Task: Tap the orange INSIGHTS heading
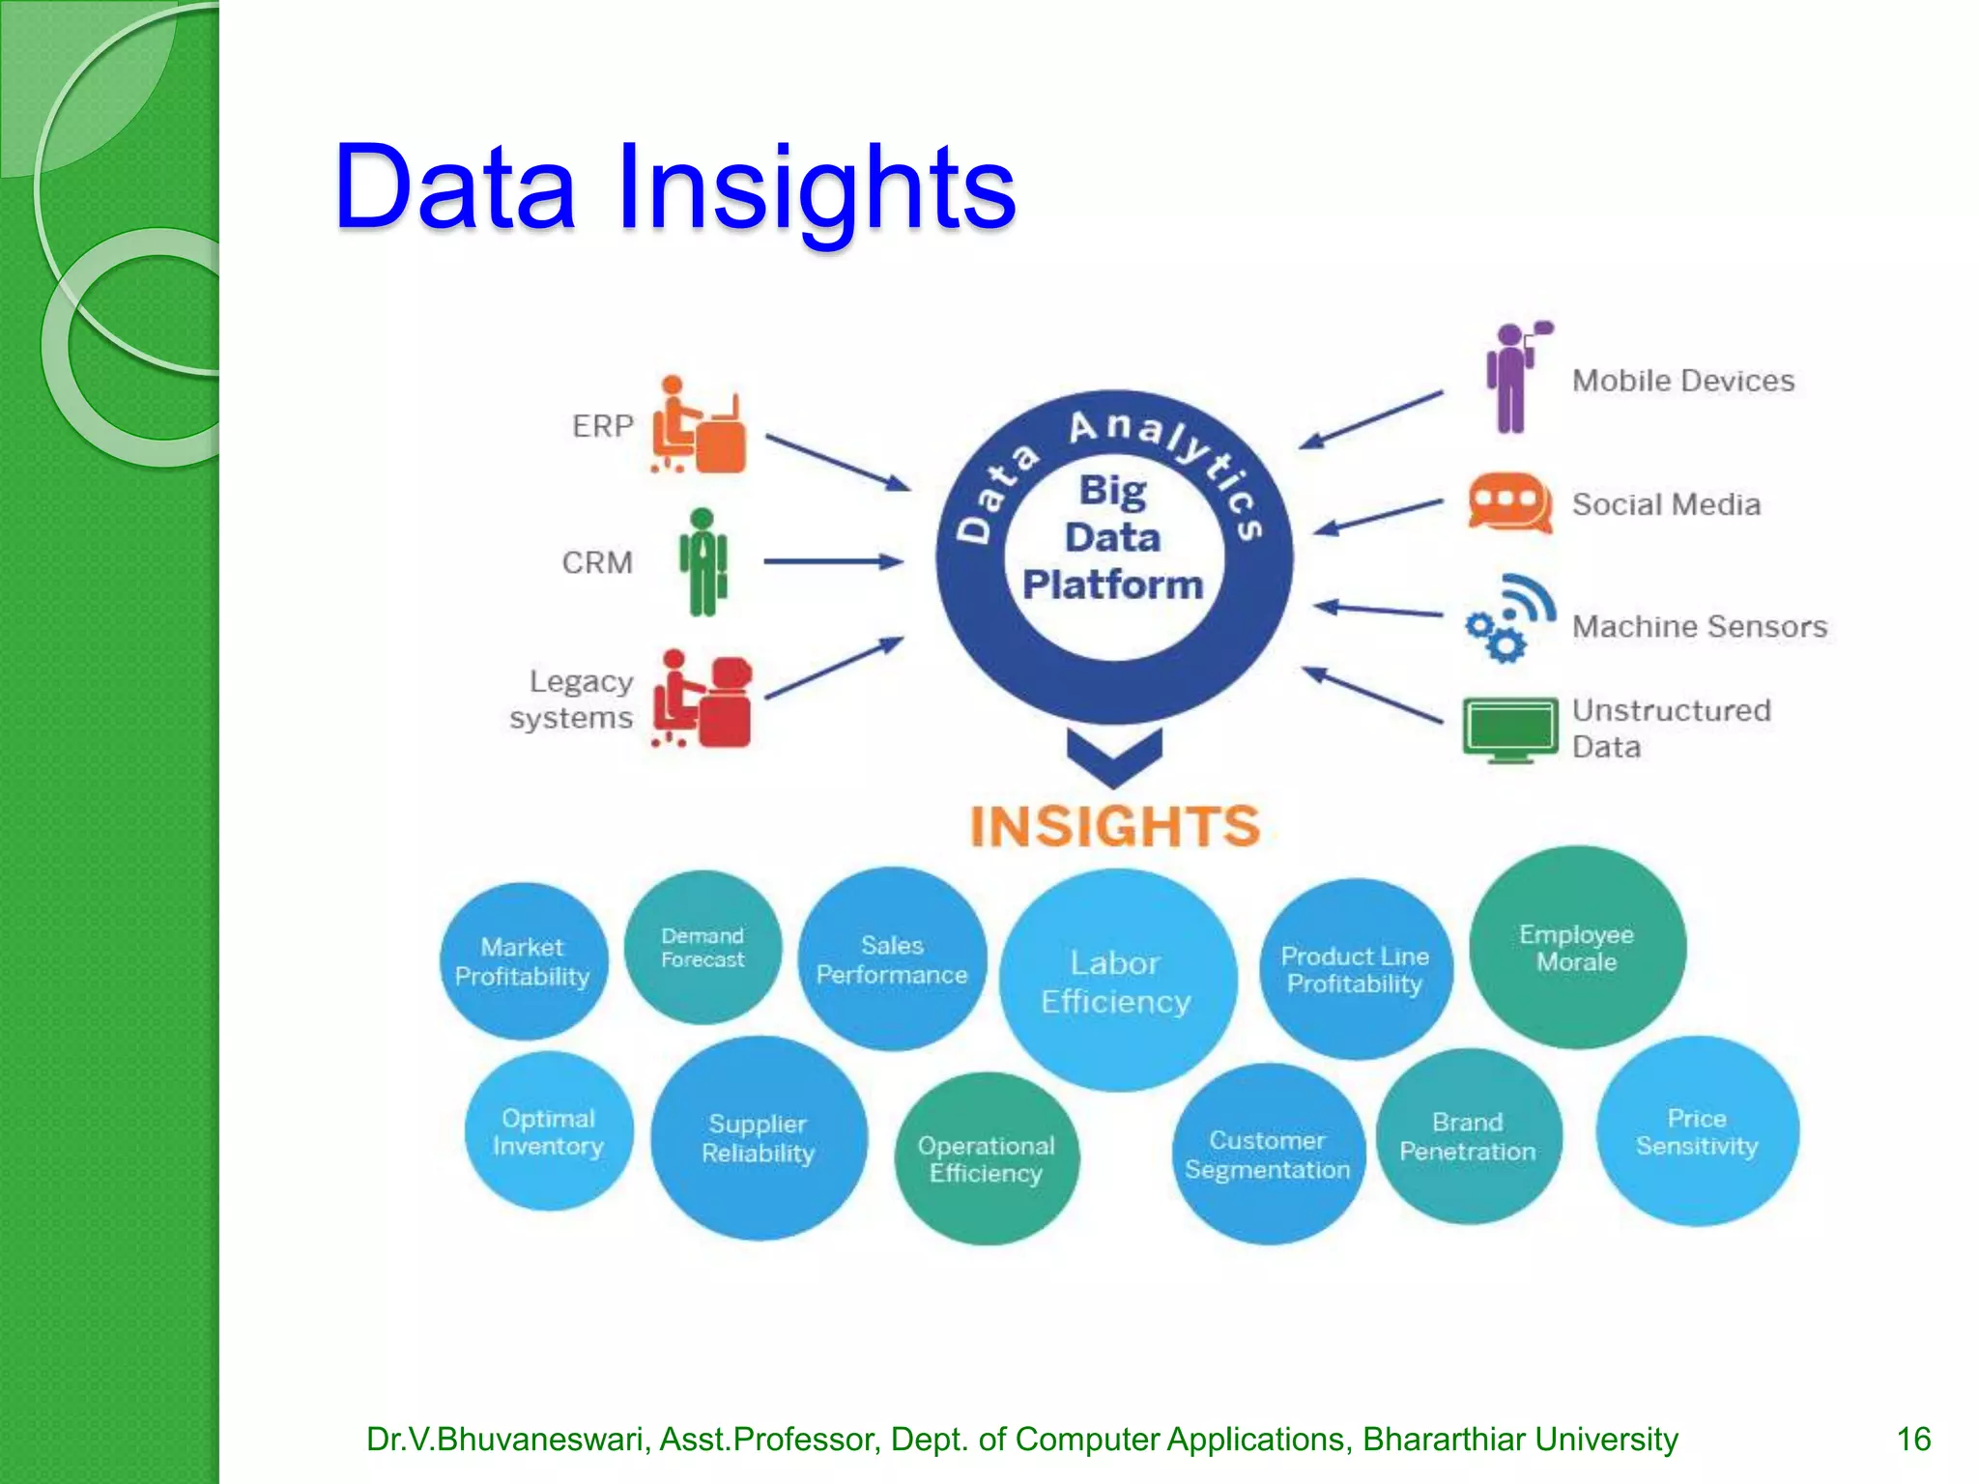[x=1114, y=827]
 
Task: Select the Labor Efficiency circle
[x=1117, y=981]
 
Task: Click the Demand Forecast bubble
[x=703, y=948]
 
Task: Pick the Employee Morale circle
[x=1577, y=948]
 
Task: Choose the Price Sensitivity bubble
[x=1697, y=1131]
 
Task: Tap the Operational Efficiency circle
[x=987, y=1158]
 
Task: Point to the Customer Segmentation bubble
[x=1267, y=1155]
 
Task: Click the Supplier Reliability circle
[x=759, y=1138]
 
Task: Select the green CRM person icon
[x=703, y=562]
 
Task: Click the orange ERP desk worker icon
[x=698, y=426]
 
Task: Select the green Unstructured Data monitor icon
[x=1509, y=729]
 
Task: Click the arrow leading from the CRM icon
[x=832, y=561]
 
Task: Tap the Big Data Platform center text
[x=1113, y=538]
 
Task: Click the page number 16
[x=1912, y=1439]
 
